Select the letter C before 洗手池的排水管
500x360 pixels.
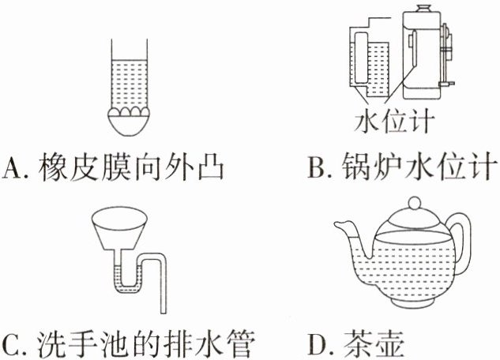click(x=13, y=344)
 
